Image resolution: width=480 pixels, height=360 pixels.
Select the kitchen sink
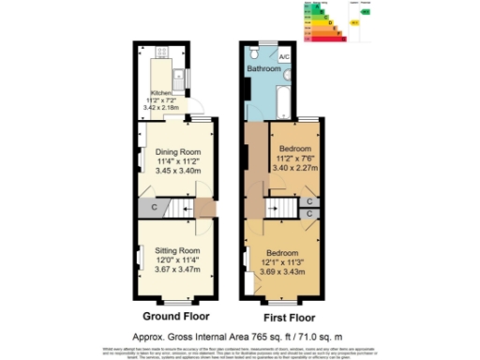(x=178, y=76)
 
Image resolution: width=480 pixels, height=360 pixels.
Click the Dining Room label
(x=177, y=151)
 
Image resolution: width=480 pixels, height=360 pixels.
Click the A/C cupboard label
(x=283, y=56)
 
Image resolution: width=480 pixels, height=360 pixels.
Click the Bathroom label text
(x=263, y=69)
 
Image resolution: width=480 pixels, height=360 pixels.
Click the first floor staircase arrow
(x=281, y=207)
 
